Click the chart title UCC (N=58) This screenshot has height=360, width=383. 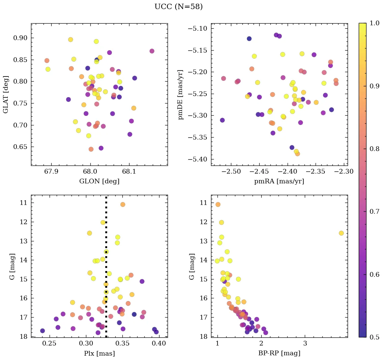coord(178,7)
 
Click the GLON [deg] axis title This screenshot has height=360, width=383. coord(99,181)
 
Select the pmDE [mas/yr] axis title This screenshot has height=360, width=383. coord(181,95)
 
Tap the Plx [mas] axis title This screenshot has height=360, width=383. coord(99,353)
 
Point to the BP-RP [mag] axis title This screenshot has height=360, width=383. coord(279,353)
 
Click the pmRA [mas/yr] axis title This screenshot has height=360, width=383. coord(279,181)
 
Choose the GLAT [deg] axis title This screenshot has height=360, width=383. coord(6,95)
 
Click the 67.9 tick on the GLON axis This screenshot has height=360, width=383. coord(51,172)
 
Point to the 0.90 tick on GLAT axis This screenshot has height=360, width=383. coord(20,38)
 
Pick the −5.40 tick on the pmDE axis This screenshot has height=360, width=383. coord(199,159)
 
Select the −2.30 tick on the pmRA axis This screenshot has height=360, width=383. coord(344,172)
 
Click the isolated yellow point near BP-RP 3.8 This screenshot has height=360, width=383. coord(341,233)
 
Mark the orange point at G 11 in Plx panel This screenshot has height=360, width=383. coord(123,205)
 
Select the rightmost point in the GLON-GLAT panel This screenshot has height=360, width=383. coord(152,51)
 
